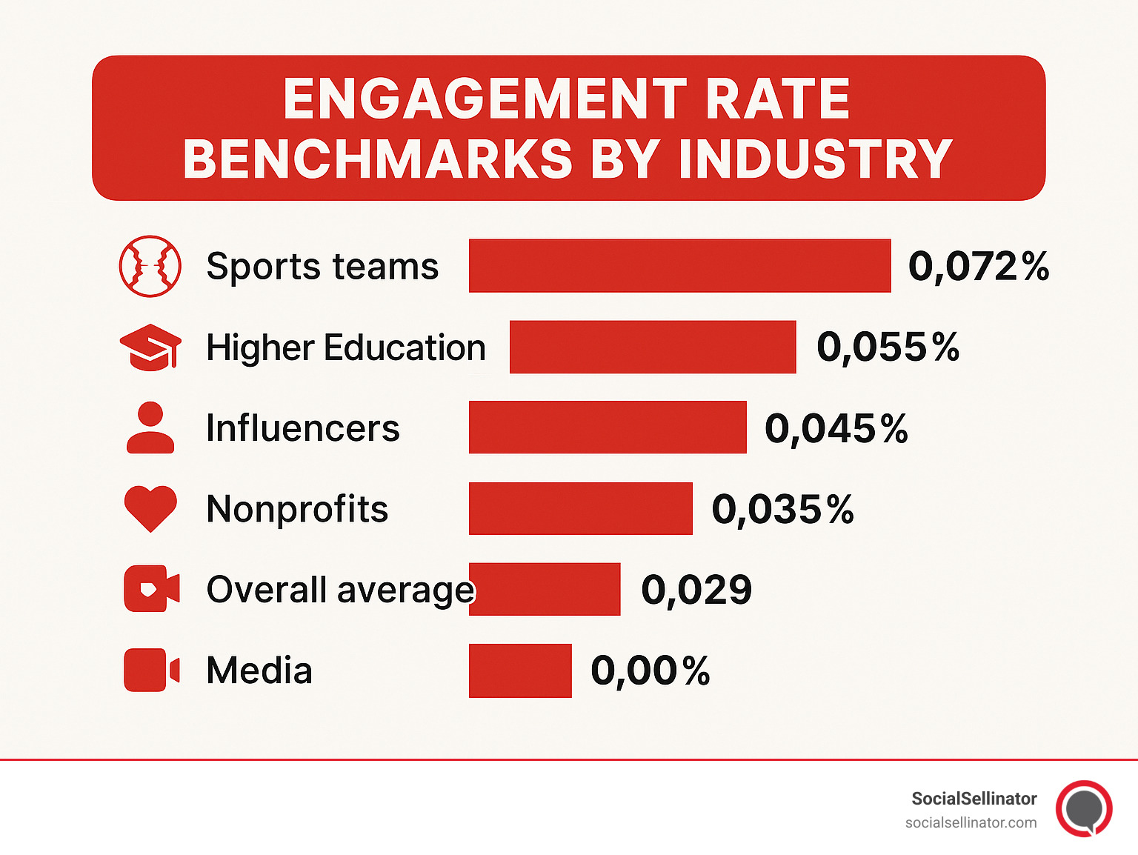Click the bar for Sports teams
[x=679, y=266]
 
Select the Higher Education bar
[x=652, y=347]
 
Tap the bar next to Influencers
[x=608, y=427]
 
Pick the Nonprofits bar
[x=580, y=508]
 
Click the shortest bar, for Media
[x=520, y=671]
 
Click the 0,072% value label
[x=978, y=266]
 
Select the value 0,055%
[x=887, y=347]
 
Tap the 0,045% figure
[x=836, y=428]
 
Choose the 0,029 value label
[x=696, y=590]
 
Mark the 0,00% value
[x=650, y=671]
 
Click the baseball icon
[x=150, y=266]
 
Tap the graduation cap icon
[x=150, y=347]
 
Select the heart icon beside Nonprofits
[x=150, y=508]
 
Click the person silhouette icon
[x=150, y=427]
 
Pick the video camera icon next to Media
[x=151, y=671]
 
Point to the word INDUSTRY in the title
[x=815, y=159]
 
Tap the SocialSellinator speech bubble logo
[x=1084, y=808]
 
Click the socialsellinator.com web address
[x=971, y=822]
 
